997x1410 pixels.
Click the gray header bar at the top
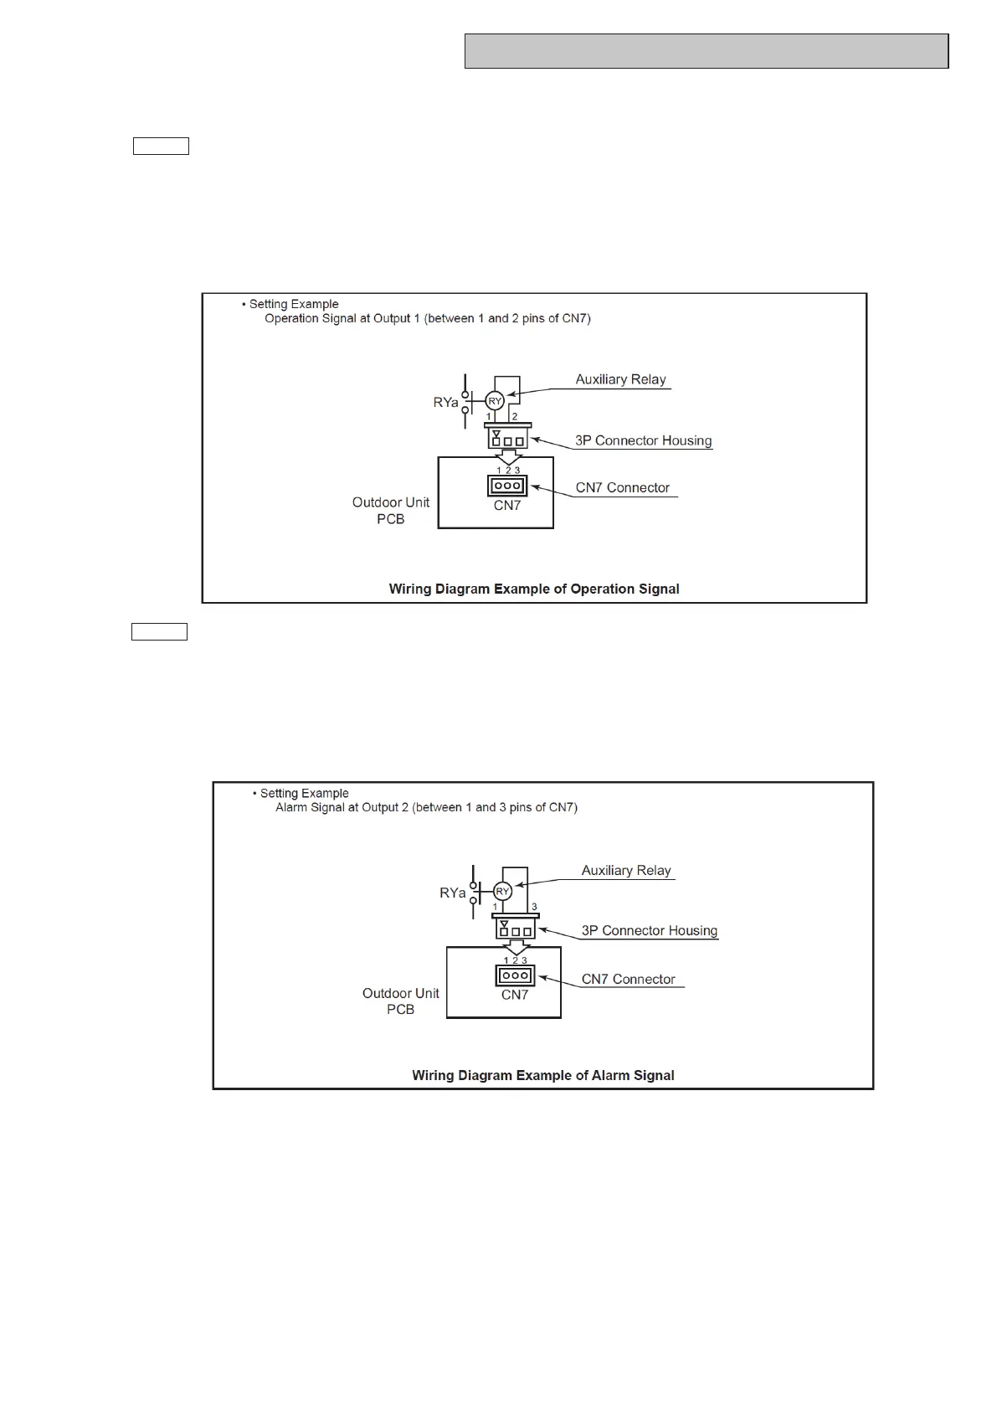pyautogui.click(x=706, y=51)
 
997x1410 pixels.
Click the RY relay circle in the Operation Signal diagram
pyautogui.click(x=495, y=401)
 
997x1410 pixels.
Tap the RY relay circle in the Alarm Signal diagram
pyautogui.click(x=502, y=892)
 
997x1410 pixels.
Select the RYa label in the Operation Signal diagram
pyautogui.click(x=445, y=403)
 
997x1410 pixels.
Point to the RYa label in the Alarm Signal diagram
pyautogui.click(x=452, y=893)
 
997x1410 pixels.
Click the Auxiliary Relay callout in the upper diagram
pyautogui.click(x=620, y=379)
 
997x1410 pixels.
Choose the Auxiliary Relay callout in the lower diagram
pyautogui.click(x=626, y=871)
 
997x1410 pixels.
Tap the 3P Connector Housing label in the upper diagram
pyautogui.click(x=643, y=440)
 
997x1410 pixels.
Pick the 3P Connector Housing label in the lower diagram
pyautogui.click(x=650, y=931)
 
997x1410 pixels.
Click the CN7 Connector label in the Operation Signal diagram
pyautogui.click(x=623, y=487)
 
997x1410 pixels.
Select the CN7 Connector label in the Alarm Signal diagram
pyautogui.click(x=629, y=979)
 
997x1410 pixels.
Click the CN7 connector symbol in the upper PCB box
pyautogui.click(x=507, y=486)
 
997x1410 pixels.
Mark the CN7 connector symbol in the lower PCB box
pyautogui.click(x=515, y=975)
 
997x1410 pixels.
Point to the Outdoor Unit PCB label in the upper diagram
pyautogui.click(x=391, y=511)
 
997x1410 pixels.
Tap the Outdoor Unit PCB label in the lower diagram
pyautogui.click(x=400, y=1001)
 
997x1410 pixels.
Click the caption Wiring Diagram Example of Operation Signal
pyautogui.click(x=534, y=589)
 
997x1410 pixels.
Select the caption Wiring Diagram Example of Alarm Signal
pyautogui.click(x=542, y=1075)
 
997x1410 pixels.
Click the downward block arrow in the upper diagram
pyautogui.click(x=507, y=457)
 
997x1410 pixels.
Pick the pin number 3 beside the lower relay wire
pyautogui.click(x=534, y=907)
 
